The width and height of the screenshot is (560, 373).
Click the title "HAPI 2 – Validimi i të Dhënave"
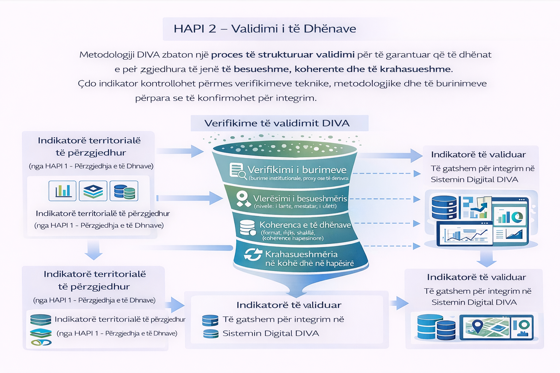coord(265,29)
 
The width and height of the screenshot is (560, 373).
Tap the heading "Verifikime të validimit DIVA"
coord(277,123)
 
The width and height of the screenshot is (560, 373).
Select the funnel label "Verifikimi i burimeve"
coord(297,170)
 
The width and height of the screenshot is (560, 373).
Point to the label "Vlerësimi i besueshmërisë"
coord(300,199)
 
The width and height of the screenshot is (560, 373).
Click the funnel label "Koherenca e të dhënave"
coord(305,225)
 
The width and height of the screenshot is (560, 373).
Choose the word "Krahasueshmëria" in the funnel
coord(301,254)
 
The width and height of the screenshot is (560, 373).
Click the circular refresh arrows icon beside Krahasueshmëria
coord(253,254)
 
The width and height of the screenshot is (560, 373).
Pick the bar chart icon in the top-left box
coord(63,191)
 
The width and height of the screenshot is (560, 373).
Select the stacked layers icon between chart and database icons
coord(93,191)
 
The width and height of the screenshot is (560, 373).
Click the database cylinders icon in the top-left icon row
coord(124,191)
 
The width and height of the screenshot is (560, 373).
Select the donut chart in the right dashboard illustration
coord(517,217)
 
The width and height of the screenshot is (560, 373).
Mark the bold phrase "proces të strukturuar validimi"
coord(283,55)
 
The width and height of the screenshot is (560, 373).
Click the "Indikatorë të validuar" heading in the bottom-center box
coord(289,305)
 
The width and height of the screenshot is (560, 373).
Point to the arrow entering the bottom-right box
coord(400,303)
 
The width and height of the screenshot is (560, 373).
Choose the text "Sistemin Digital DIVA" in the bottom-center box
coord(271,333)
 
